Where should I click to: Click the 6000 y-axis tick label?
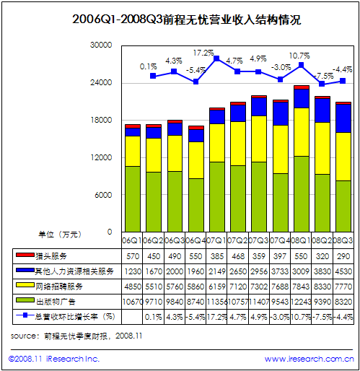(103, 195)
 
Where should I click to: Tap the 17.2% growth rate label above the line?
(203, 53)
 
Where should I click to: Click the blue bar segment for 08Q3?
(343, 118)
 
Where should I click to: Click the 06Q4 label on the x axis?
(196, 239)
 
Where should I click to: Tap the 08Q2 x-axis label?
(322, 239)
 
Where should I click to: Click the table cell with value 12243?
(301, 301)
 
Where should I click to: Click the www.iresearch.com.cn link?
(308, 359)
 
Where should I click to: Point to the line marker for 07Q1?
(216, 58)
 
